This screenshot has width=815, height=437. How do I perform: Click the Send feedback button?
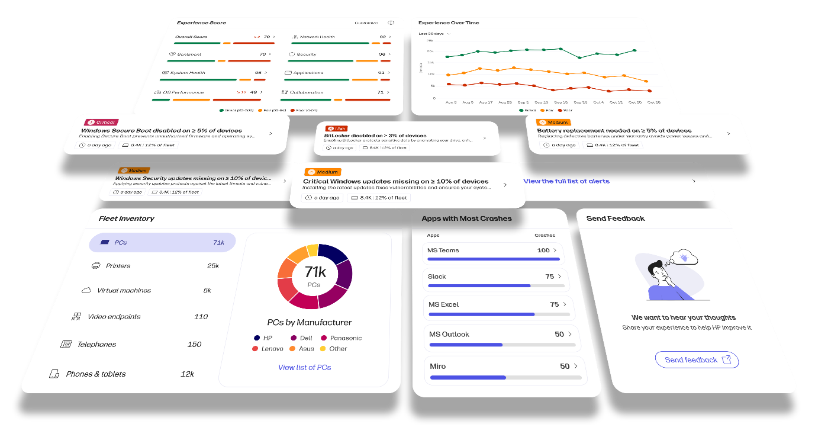[x=696, y=359]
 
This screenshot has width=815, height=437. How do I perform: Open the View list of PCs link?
[x=304, y=368]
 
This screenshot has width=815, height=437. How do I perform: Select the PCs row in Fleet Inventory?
[x=162, y=242]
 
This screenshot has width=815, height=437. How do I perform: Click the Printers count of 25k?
[x=213, y=266]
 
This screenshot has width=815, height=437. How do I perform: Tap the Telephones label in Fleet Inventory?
[x=96, y=345]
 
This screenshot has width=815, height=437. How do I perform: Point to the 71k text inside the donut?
[x=315, y=272]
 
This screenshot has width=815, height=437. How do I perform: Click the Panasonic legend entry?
[x=346, y=338]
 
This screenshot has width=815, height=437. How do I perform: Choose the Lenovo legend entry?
[x=272, y=349]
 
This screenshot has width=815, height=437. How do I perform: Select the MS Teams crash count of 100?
[x=543, y=250]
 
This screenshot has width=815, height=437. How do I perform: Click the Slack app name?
[x=437, y=277]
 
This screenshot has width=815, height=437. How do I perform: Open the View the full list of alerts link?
[x=566, y=181]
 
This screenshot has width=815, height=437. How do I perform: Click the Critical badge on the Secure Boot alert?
[x=101, y=122]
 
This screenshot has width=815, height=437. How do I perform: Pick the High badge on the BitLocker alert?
[x=336, y=128]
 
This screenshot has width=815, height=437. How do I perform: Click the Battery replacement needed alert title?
[x=614, y=130]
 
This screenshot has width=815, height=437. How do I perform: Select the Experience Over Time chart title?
[x=449, y=23]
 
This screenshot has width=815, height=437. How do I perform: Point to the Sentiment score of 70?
[x=263, y=54]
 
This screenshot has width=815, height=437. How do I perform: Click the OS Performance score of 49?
[x=253, y=92]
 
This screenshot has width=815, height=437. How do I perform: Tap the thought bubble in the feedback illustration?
[x=684, y=257]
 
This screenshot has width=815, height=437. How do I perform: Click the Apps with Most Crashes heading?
[x=466, y=218]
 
